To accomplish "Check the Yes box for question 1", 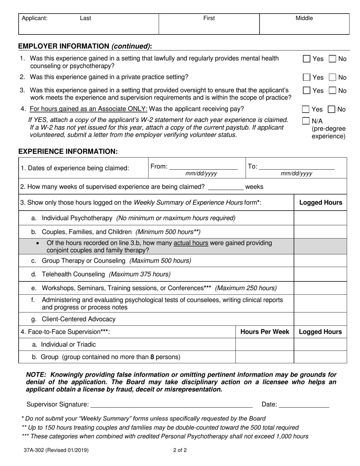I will click(x=307, y=59).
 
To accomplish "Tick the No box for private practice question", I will click(x=332, y=77).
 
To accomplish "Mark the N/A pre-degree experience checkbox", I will click(x=306, y=121).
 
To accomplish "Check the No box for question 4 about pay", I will click(x=332, y=109).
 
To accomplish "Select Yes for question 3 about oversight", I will click(x=307, y=91).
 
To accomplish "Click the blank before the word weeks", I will click(x=226, y=187).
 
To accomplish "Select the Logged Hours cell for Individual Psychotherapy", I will click(x=320, y=218).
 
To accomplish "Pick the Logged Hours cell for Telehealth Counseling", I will click(x=320, y=274).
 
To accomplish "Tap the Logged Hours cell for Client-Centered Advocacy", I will click(x=320, y=319).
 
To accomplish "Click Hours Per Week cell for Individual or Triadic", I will click(x=265, y=344).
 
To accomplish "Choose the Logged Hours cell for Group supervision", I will click(x=320, y=357).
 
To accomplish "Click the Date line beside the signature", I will click(x=304, y=405).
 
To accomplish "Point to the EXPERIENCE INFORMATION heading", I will click(x=68, y=152).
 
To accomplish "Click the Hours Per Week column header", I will click(x=265, y=332).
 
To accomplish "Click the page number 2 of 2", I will click(x=180, y=451).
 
